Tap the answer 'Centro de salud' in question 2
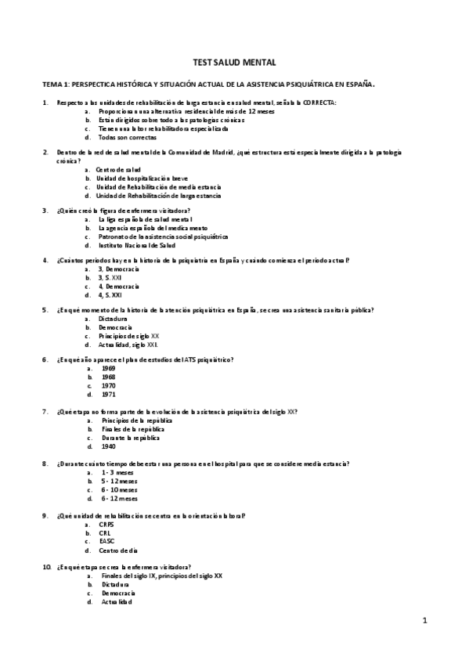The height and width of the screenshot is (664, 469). coord(118,169)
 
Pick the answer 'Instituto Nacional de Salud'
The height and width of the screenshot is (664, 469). coord(133,245)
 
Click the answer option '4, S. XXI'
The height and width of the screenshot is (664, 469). coord(110,295)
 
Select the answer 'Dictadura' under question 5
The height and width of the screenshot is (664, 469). coord(112,320)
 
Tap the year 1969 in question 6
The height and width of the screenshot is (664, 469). coord(108,368)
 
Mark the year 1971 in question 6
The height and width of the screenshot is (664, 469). coord(108,395)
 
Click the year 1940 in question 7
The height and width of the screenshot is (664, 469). coord(108,446)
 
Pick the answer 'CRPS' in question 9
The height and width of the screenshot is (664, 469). coord(106,524)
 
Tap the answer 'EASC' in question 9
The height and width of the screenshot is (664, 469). coord(106,540)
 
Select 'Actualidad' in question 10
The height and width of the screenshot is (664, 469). coord(117,601)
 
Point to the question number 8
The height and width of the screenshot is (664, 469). coord(45,464)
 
